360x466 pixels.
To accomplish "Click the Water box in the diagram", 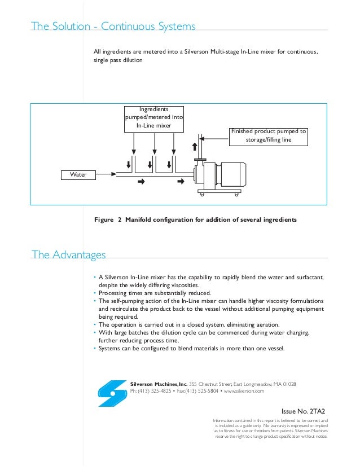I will [78, 175].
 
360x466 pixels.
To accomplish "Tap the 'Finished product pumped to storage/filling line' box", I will [268, 135].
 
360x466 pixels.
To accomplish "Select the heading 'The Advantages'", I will [69, 255].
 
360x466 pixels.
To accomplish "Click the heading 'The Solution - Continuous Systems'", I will [113, 27].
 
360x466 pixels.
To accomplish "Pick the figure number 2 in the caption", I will [120, 219].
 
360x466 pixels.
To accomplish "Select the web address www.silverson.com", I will [244, 391].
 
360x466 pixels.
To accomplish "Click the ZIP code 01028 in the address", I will [288, 384].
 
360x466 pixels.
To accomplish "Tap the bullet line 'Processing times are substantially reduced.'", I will [154, 293].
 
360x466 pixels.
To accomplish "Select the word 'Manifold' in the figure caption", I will [141, 219].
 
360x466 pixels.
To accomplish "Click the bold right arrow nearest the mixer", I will [181, 182].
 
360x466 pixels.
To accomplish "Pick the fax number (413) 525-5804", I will [200, 391].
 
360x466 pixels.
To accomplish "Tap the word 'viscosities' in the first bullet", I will [186, 285].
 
